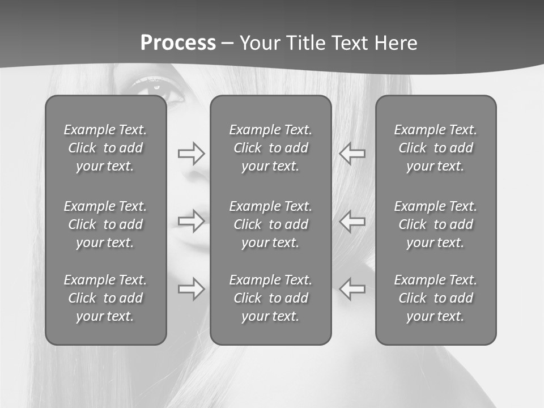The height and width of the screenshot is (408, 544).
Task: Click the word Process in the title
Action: click(178, 43)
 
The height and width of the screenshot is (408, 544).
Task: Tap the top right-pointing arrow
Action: click(191, 153)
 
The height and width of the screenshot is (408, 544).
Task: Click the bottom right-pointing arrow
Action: click(191, 288)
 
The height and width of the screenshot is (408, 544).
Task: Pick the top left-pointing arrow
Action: click(352, 153)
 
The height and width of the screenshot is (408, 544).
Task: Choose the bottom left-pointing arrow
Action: click(352, 288)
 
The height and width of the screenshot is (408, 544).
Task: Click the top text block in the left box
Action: click(105, 148)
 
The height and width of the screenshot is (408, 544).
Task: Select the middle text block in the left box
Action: click(105, 224)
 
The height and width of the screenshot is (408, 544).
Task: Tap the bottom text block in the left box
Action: click(105, 298)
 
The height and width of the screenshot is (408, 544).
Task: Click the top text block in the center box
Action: click(271, 148)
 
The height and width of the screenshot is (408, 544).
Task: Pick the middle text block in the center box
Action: click(271, 224)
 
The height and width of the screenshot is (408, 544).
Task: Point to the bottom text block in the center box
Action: click(271, 298)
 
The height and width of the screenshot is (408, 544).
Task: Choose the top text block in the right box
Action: click(436, 148)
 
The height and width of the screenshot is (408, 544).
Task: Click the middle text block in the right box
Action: click(436, 224)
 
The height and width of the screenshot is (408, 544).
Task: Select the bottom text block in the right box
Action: click(436, 298)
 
